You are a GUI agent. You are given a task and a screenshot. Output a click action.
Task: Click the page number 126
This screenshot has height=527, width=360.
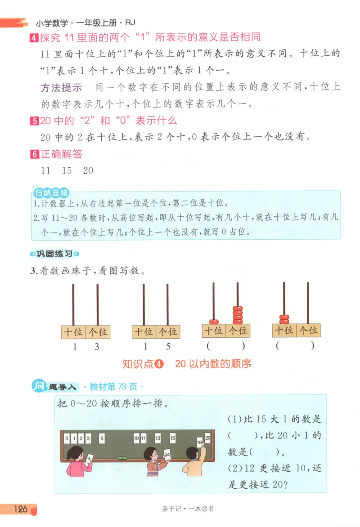[21, 509]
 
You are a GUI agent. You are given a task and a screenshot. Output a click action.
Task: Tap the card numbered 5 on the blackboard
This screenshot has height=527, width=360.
[103, 438]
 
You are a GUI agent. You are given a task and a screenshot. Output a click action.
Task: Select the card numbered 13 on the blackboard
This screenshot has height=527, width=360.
[157, 438]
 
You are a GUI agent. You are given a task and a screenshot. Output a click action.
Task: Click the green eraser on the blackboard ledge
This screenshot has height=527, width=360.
[122, 458]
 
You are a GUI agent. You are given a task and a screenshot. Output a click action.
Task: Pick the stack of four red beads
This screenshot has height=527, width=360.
[238, 315]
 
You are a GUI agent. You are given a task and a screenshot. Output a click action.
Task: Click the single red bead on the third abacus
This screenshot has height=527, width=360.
[214, 322]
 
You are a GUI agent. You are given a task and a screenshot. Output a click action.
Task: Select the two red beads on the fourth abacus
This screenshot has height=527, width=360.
[284, 319]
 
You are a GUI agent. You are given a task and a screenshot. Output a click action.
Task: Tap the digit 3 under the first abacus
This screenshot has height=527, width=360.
[97, 347]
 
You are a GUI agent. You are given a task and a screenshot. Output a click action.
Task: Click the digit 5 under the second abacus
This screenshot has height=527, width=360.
[168, 347]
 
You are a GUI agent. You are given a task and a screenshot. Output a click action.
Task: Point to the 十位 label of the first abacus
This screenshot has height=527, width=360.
[73, 332]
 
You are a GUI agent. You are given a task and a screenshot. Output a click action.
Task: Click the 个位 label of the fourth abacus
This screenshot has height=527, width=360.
[308, 330]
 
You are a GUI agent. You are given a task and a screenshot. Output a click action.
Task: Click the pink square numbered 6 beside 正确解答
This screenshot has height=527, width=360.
[34, 155]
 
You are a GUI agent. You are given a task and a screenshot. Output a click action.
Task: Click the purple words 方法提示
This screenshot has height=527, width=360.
[61, 88]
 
